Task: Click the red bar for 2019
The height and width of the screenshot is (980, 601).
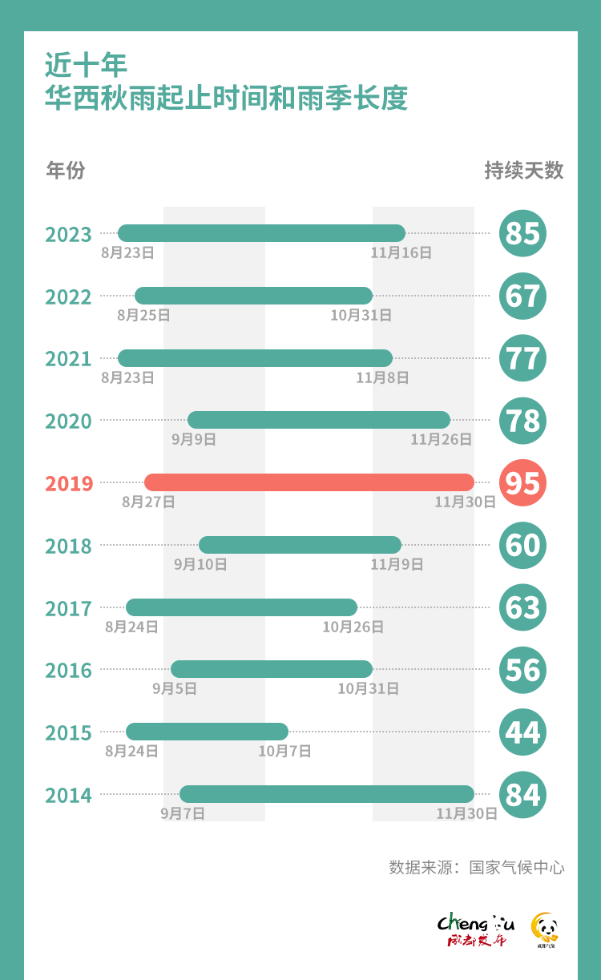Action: [x=309, y=482]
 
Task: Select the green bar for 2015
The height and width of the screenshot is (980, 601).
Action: [x=207, y=732]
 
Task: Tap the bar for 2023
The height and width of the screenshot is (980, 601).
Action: [x=261, y=233]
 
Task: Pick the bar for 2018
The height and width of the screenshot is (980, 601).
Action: [x=300, y=545]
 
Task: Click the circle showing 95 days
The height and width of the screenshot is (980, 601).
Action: [x=522, y=483]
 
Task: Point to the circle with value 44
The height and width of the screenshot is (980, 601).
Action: [x=522, y=732]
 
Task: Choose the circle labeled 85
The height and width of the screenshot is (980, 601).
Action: [x=522, y=234]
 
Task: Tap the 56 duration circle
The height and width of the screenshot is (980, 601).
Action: [x=522, y=670]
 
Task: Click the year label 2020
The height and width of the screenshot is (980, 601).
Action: [x=69, y=421]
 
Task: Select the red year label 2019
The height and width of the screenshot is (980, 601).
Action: [x=69, y=484]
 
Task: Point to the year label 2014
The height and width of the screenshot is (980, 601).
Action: [x=69, y=796]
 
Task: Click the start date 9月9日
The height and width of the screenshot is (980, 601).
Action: [x=194, y=439]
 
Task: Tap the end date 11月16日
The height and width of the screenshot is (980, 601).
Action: [x=401, y=252]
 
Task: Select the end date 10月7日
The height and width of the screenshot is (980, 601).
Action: [x=284, y=752]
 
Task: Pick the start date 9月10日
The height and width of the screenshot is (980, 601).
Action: [x=200, y=564]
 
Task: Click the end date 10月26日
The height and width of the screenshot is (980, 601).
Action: [x=353, y=627]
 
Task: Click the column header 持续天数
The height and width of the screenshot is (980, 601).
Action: [x=524, y=171]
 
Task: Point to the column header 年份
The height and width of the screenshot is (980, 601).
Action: [x=66, y=171]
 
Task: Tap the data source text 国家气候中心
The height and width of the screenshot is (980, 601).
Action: [x=517, y=868]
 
